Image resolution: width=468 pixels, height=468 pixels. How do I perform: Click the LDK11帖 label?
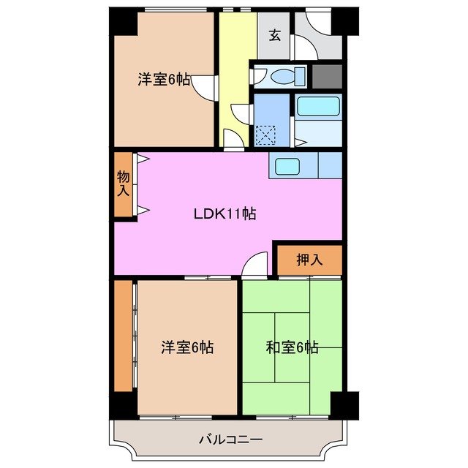[x=224, y=214]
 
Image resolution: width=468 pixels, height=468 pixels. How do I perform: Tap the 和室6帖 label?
[x=292, y=347]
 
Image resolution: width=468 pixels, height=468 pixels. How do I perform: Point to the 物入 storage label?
[x=124, y=184]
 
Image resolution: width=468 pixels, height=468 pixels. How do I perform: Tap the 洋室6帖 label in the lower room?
[x=187, y=347]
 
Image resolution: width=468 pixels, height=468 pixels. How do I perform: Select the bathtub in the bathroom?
[x=318, y=107]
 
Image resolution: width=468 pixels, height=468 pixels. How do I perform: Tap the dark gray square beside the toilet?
[x=327, y=76]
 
